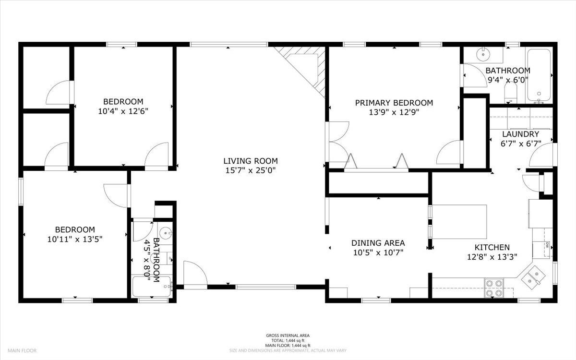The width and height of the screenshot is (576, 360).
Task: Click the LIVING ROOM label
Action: [x=250, y=161]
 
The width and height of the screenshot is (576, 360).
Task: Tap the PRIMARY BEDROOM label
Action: [x=394, y=103]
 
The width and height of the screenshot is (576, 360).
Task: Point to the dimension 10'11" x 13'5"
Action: [x=74, y=239]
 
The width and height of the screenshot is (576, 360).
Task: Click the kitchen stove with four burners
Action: [x=494, y=288]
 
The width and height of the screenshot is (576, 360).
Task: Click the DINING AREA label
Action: [x=378, y=243]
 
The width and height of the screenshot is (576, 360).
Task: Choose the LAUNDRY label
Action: [x=520, y=134]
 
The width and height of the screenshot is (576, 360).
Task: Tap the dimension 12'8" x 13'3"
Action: [x=492, y=256]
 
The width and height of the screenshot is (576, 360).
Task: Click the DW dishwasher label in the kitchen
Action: [x=546, y=244]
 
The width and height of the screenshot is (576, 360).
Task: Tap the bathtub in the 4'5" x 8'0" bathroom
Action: [x=152, y=287]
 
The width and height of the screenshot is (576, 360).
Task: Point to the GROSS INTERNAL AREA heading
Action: [x=288, y=335]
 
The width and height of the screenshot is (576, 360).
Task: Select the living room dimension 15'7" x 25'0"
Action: [x=250, y=170]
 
